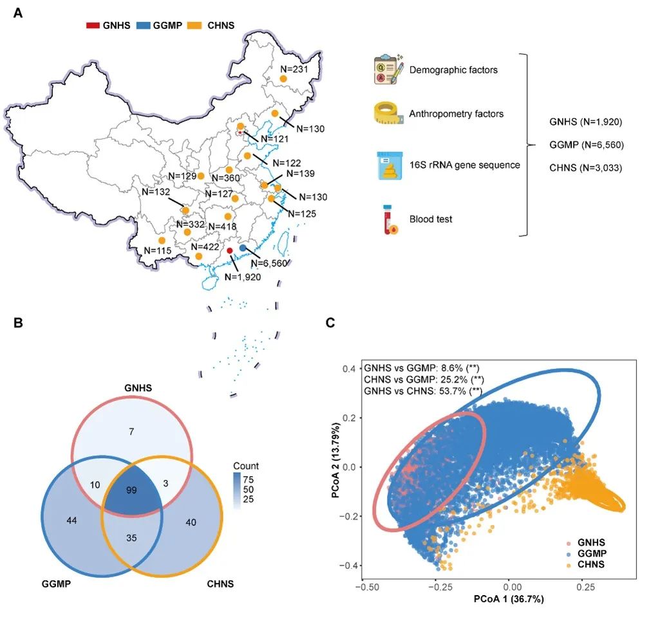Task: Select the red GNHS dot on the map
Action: point(230,250)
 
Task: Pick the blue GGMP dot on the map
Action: point(243,248)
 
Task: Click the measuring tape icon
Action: point(388,113)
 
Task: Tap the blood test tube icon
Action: point(388,219)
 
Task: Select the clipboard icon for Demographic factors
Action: point(388,69)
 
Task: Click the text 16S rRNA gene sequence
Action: point(464,165)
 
